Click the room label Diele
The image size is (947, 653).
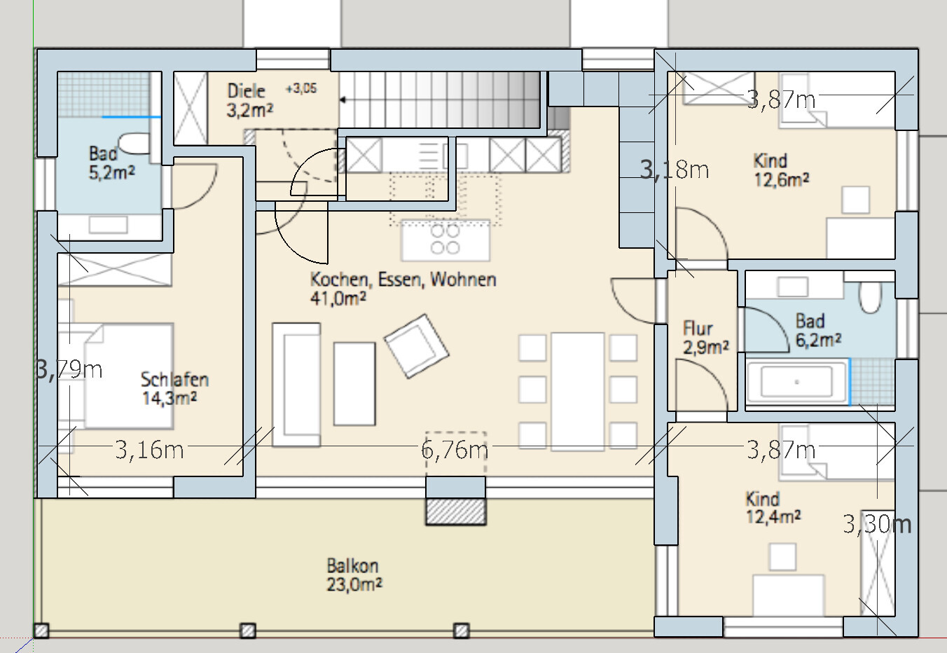246,91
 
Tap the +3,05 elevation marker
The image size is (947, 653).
301,88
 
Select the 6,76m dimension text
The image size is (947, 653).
455,449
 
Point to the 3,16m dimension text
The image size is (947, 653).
149,450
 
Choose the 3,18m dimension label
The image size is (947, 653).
675,170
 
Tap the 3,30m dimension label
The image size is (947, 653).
877,524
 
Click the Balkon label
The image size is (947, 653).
352,566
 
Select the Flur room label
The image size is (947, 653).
698,329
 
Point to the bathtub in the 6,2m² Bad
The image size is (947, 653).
797,381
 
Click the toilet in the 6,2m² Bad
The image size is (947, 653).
870,297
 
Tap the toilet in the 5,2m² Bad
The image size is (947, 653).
134,144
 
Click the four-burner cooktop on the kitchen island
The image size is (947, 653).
445,239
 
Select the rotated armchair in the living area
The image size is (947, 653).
417,346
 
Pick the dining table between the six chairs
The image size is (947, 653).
577,391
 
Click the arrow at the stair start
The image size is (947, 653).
343,99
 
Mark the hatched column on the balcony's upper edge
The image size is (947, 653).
456,511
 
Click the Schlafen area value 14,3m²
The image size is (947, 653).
169,399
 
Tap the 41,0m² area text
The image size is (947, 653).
338,298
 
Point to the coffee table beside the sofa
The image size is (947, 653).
354,383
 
